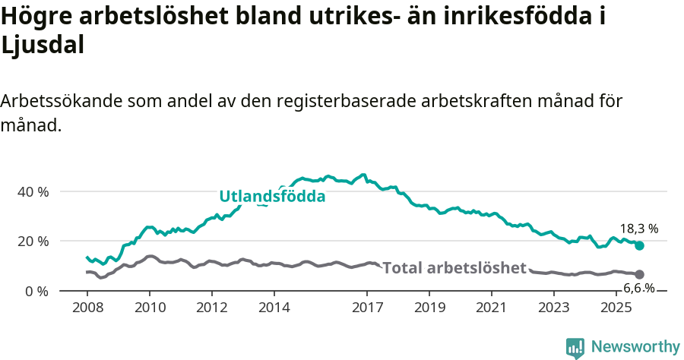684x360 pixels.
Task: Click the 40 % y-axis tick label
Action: (33, 191)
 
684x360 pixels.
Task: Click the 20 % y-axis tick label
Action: (33, 241)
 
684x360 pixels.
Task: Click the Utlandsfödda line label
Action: (272, 196)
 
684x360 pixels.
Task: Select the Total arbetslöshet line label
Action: (454, 267)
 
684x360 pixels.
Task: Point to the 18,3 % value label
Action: (639, 228)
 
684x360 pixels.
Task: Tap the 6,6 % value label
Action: (638, 288)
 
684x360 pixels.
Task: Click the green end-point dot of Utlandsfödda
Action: (640, 245)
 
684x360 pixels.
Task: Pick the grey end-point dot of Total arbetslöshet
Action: (640, 274)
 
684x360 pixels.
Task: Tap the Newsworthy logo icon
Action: (575, 347)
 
